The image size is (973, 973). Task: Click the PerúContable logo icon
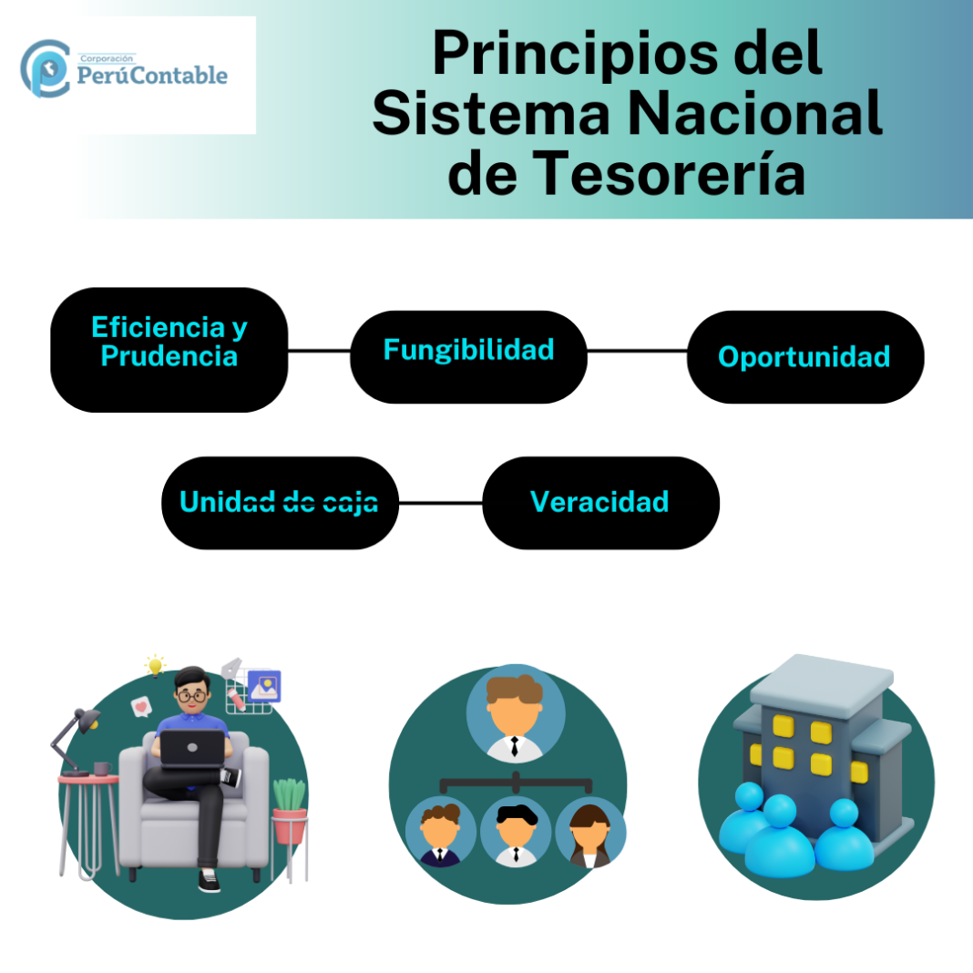click(45, 67)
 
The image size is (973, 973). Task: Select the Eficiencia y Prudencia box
click(169, 350)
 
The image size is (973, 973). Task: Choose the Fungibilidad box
click(468, 356)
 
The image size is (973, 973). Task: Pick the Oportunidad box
click(804, 356)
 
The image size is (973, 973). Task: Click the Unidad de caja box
click(280, 503)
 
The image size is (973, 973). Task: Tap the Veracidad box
click(600, 503)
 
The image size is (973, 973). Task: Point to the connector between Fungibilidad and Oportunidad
click(637, 351)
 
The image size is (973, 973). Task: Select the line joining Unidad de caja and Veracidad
click(440, 503)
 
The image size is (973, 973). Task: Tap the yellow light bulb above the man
click(156, 664)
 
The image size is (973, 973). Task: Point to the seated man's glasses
click(192, 695)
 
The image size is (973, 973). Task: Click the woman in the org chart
click(590, 832)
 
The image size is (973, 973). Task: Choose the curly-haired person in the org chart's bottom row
click(440, 832)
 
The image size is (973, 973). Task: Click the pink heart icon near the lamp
click(140, 706)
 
